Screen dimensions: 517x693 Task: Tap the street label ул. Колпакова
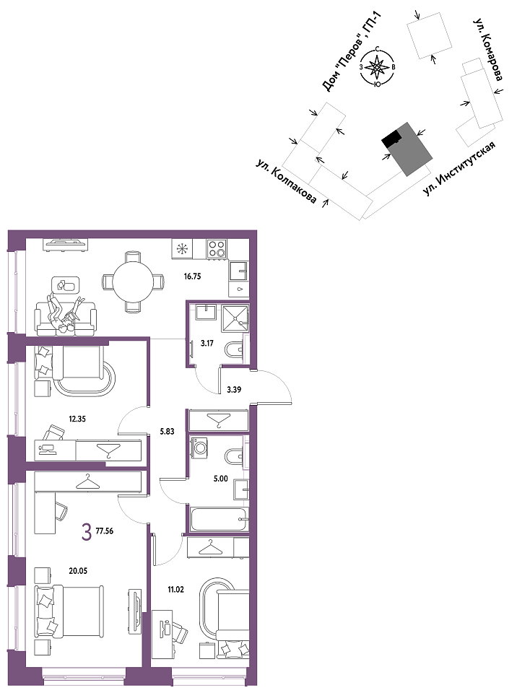coord(287,182)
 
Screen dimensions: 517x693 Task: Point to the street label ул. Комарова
coord(487,50)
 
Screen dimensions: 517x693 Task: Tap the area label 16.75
coord(192,276)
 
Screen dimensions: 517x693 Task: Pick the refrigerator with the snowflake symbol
coord(181,249)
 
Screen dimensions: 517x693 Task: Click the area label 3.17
coord(207,343)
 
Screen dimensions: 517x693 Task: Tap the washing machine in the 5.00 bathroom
coord(199,448)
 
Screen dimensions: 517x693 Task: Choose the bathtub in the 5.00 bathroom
coord(220,519)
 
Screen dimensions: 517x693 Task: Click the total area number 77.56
coord(105,531)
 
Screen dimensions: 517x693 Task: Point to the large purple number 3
coord(87,532)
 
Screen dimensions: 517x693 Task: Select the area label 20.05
coord(78,571)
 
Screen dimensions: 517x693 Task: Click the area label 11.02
coord(175,589)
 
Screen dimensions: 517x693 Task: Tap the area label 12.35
coord(77,419)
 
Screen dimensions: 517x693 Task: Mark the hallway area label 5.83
coord(168,432)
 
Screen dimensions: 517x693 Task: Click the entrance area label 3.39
coord(234,390)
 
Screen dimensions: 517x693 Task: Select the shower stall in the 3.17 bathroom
coord(235,318)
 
